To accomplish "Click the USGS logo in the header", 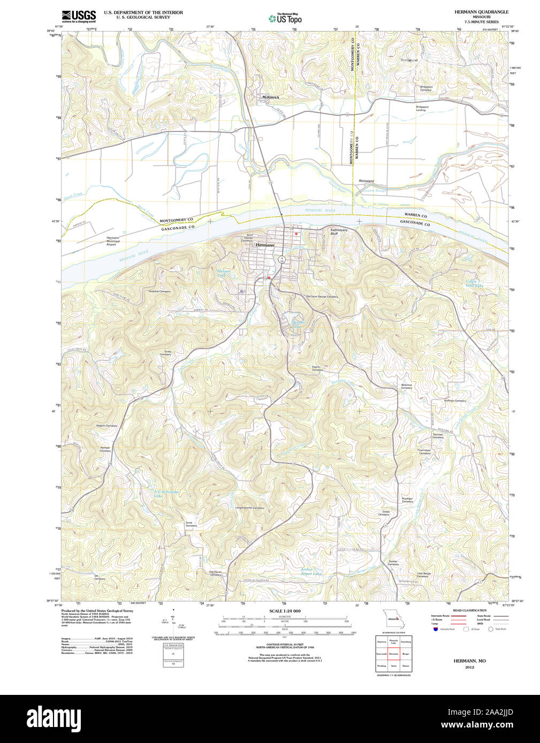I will pyautogui.click(x=78, y=16).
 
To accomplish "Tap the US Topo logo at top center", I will pyautogui.click(x=285, y=19).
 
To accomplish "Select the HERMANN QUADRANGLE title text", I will pyautogui.click(x=482, y=12).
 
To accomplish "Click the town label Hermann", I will pyautogui.click(x=265, y=245).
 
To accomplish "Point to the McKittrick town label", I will pyautogui.click(x=270, y=97).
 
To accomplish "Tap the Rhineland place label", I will pyautogui.click(x=367, y=181).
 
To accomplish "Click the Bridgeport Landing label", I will pyautogui.click(x=422, y=108).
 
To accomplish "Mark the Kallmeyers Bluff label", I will pyautogui.click(x=339, y=232).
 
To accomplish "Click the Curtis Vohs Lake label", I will pyautogui.click(x=474, y=283).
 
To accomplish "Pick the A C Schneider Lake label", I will pyautogui.click(x=166, y=493).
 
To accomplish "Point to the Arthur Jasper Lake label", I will pyautogui.click(x=310, y=571).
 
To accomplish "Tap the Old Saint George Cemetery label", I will pyautogui.click(x=322, y=297).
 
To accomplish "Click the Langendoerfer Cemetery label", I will pyautogui.click(x=250, y=508).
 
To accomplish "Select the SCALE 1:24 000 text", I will pyautogui.click(x=285, y=610).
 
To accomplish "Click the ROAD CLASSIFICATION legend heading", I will pyautogui.click(x=469, y=610).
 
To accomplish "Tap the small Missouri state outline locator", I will pyautogui.click(x=393, y=618).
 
